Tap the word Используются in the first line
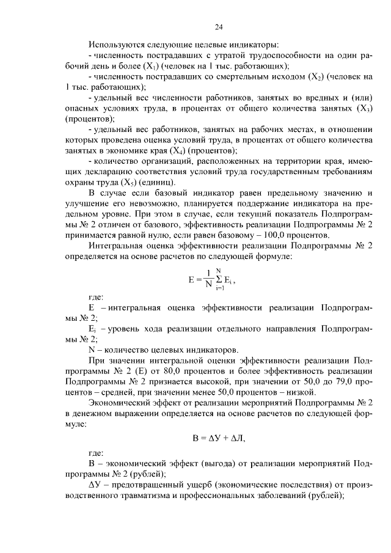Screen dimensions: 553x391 [116, 45]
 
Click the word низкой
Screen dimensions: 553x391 [299, 393]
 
